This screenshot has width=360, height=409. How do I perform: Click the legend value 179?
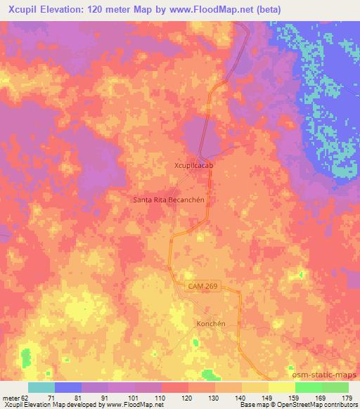[347, 397]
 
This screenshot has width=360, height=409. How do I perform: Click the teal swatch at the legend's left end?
[41, 387]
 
